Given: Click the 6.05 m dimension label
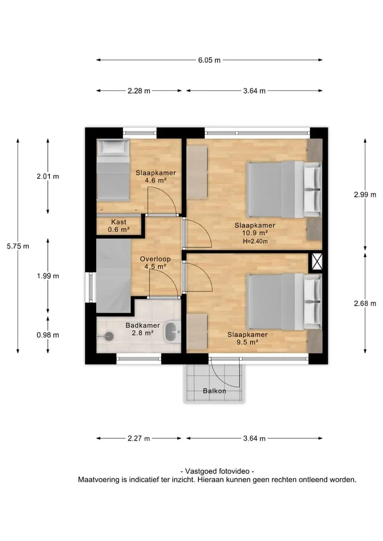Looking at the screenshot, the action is coord(209,60).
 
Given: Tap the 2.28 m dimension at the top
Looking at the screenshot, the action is coord(139,91).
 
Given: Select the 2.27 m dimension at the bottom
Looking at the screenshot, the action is coord(139,438).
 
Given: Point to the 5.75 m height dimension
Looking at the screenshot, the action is coord(18,246).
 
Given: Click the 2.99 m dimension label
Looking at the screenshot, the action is coord(365,195).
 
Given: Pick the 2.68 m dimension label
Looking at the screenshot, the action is coord(365,304).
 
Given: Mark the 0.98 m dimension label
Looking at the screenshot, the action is coord(48,335).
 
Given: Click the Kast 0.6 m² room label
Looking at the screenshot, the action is coord(119,226).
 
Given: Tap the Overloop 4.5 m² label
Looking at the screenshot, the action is coord(155,263).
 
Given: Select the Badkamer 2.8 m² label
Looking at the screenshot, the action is coord(143,329).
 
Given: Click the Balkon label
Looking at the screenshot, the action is coord(214,391).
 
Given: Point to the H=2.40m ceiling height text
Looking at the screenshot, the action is coord(255,242).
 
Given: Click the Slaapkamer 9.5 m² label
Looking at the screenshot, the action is coord(247,338).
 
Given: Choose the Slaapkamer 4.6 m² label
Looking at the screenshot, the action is coord(156,177).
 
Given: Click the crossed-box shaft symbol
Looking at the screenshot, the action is coord(317,262).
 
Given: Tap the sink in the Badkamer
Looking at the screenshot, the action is coord(172,332).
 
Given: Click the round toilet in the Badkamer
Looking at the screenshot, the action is coord(109,336).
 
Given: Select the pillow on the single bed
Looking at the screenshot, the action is coord(112,147).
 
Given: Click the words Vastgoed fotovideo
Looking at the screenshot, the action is coord(218,471).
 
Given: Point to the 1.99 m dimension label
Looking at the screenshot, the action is coord(48,276).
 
